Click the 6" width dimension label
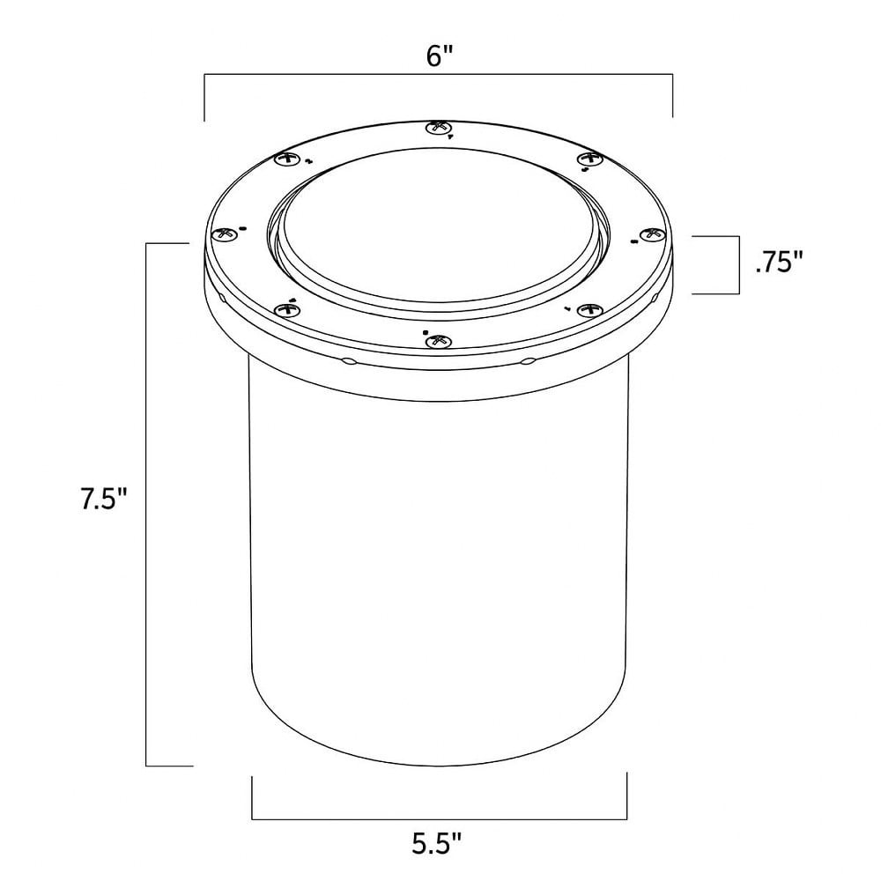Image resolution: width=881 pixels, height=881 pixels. (440, 56)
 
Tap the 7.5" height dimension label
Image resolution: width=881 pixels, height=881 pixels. (105, 499)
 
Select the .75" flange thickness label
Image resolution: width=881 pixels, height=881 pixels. (780, 262)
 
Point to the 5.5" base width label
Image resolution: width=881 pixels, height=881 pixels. (437, 843)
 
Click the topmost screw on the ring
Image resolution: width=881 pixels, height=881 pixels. (439, 128)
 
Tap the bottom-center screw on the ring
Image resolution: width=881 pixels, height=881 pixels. (439, 341)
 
